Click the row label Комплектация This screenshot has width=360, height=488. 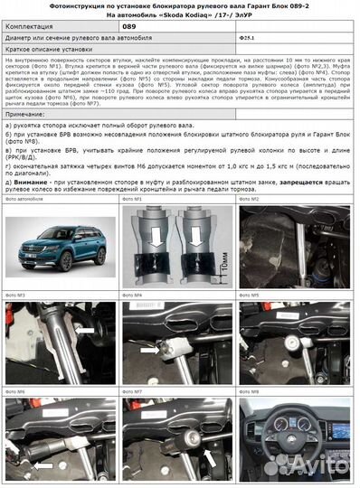coord(33,27)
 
